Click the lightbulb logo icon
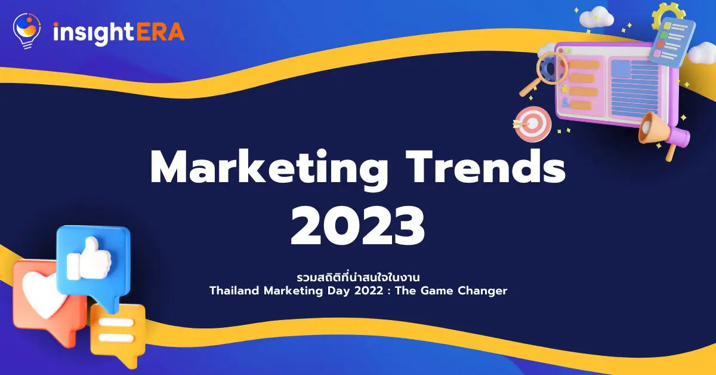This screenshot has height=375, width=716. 27,30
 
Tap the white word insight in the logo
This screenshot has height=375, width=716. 93,33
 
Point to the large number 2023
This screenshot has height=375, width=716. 358,226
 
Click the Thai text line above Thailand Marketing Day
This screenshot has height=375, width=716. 358,277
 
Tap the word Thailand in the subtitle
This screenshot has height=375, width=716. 234,291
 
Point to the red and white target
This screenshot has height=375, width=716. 532,124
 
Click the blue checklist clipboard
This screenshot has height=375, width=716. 672,42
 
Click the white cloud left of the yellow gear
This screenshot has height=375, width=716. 597,17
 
